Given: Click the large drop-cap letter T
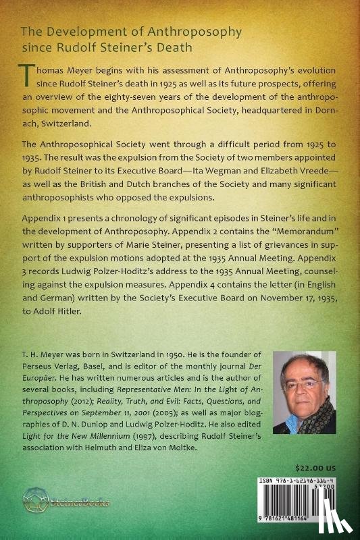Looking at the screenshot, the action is click(x=29, y=81).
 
